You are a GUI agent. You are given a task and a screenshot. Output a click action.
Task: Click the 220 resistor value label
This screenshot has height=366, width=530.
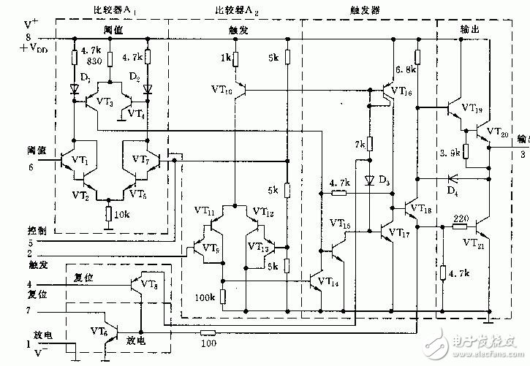[460, 218]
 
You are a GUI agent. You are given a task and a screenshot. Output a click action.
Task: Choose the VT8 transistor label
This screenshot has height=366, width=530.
[148, 284]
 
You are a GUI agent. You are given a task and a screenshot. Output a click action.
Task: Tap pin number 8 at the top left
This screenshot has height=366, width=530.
[8, 37]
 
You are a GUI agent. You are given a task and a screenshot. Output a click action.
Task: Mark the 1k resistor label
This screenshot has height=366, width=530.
[227, 57]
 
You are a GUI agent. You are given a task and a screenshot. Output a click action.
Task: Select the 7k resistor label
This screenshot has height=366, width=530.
[358, 145]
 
